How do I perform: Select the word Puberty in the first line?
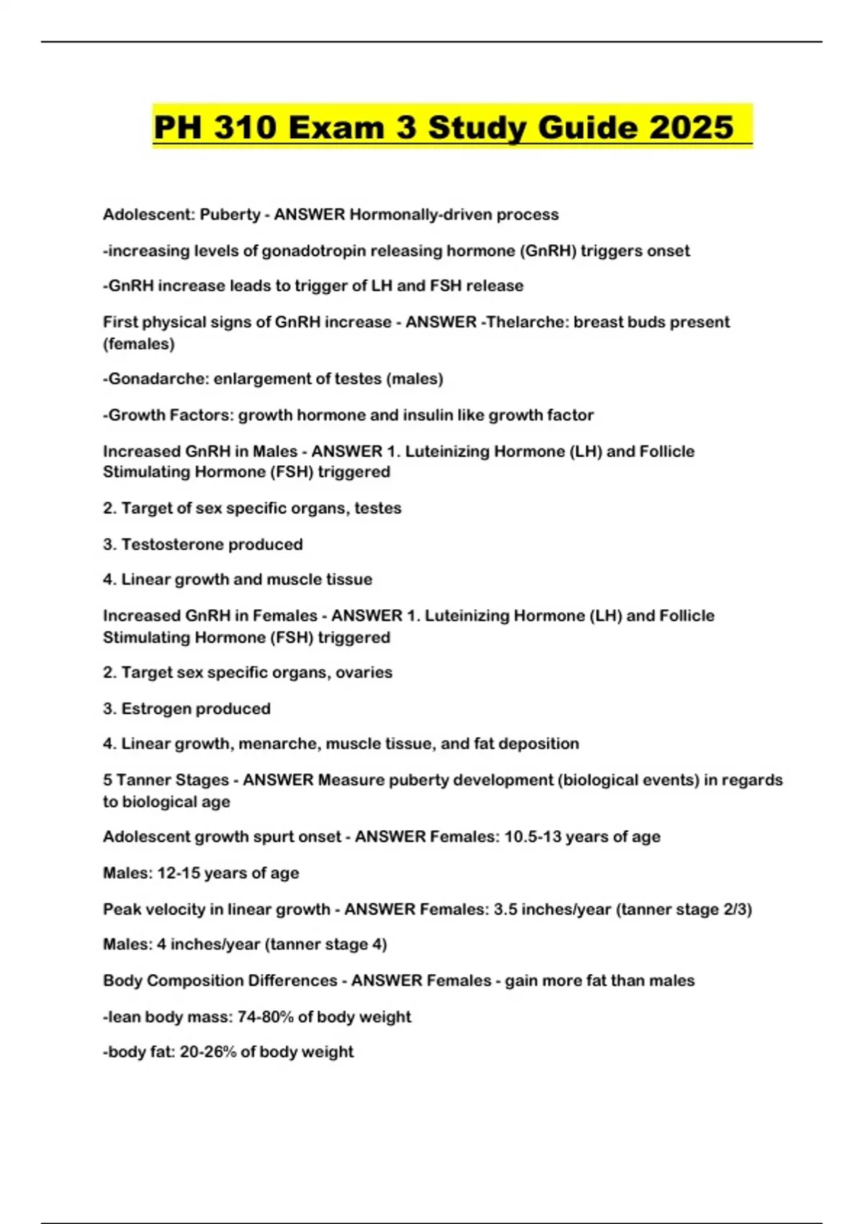230,215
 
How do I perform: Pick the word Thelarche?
528,322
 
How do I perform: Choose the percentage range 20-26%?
208,1052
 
